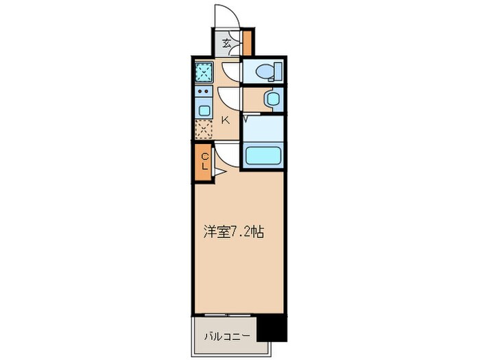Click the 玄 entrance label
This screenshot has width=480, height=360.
click(x=227, y=43)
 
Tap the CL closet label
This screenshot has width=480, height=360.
click(x=204, y=163)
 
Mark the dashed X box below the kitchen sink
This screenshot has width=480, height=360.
click(x=204, y=129)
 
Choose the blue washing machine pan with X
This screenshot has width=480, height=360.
click(x=204, y=71)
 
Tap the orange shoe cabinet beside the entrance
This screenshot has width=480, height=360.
click(x=248, y=43)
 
